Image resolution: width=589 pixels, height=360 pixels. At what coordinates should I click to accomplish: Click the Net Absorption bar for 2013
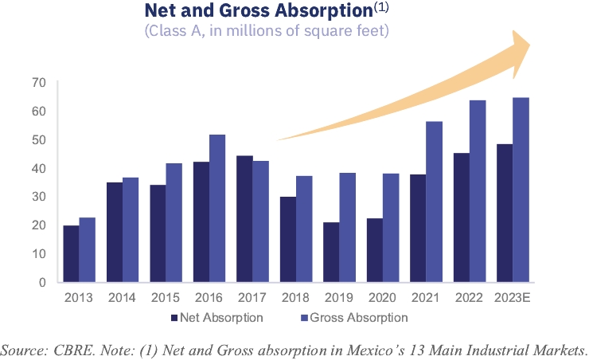(71, 253)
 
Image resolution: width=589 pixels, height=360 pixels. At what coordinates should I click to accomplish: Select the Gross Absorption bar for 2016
(216, 208)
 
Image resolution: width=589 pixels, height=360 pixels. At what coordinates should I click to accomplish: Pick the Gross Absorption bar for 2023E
(521, 190)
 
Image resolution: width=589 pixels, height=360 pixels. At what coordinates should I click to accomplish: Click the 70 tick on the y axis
(39, 83)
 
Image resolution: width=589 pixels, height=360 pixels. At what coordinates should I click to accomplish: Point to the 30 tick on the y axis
(39, 197)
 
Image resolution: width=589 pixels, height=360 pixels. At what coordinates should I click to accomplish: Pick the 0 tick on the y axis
(42, 282)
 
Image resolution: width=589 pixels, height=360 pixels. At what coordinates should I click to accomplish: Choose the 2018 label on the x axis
(295, 298)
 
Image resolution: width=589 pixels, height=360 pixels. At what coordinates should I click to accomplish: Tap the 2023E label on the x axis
(512, 298)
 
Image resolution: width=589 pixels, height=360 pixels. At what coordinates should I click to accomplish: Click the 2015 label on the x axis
(166, 298)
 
